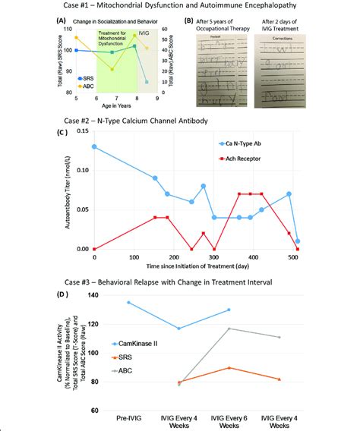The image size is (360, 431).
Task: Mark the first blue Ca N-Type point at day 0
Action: coord(93,146)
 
